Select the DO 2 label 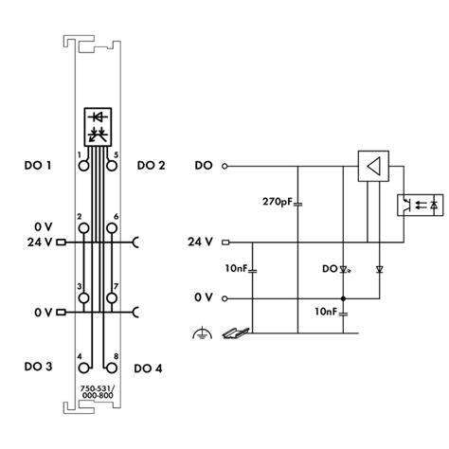(x=151, y=166)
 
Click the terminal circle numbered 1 (x=83, y=165)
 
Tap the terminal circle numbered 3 (x=83, y=297)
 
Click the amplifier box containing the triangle (x=375, y=167)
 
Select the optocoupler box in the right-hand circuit (x=419, y=204)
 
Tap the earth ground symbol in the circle (x=202, y=332)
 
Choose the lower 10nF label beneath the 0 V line (x=327, y=312)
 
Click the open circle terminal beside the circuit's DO (x=224, y=167)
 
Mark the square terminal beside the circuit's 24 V (x=224, y=242)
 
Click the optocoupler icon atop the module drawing (x=98, y=125)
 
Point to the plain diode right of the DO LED (x=378, y=270)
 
